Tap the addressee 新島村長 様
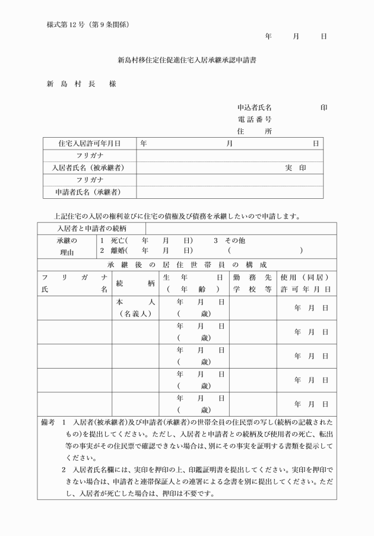81,84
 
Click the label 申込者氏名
254,108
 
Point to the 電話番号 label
254,119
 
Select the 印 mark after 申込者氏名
324,108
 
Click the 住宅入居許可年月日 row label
90,143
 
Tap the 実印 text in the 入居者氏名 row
295,168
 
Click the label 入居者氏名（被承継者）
90,168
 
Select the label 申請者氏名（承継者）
90,192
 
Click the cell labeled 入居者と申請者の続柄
91,229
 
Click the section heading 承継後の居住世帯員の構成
187,264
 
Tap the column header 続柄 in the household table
136,283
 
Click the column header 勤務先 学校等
252,283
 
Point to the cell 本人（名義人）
136,307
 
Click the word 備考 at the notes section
48,423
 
